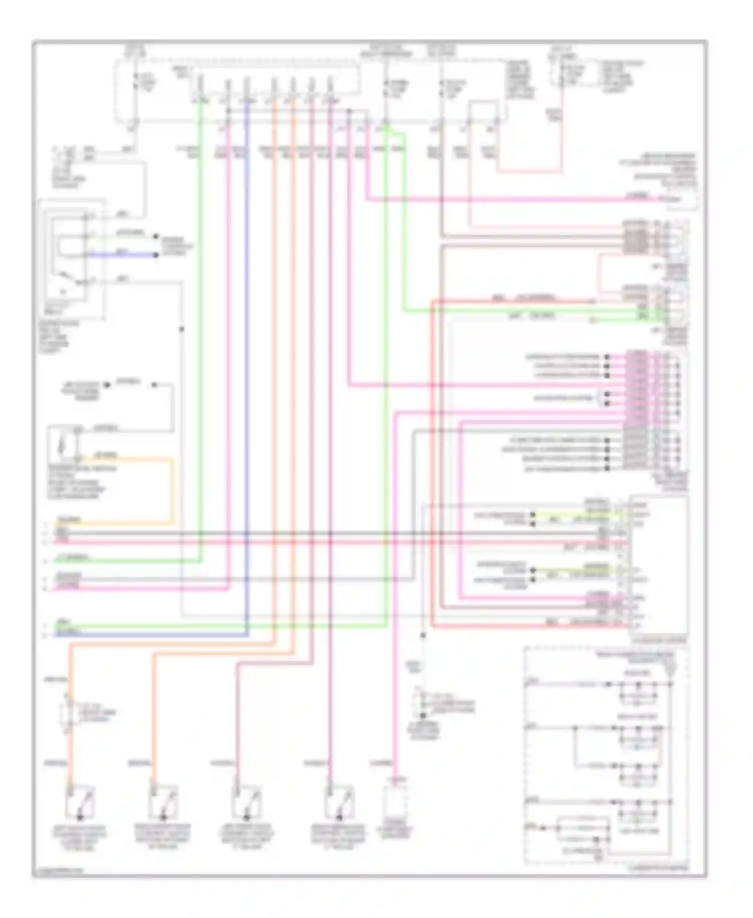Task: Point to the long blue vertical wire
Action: pos(247,352)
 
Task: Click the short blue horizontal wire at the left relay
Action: pos(123,255)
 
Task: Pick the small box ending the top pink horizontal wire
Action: pos(681,199)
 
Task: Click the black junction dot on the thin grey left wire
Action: pos(182,329)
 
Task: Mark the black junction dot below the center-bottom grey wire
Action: pos(423,636)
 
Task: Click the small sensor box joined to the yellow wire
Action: pos(63,444)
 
